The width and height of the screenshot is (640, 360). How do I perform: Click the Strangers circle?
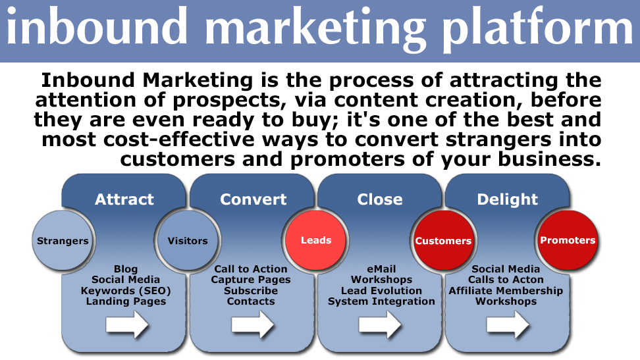63,240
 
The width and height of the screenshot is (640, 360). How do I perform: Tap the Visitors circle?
188,240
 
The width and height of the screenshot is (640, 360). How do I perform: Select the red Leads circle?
316,240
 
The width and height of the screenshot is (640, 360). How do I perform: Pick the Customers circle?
443,240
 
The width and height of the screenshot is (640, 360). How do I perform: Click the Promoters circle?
568,240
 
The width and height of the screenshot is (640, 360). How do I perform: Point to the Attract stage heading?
124,199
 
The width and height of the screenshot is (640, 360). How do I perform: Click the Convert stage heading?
253,199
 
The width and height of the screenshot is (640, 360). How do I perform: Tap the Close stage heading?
380,199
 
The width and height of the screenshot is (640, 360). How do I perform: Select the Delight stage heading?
508,199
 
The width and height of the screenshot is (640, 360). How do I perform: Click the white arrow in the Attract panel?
127,325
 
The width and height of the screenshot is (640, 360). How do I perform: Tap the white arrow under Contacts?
253,325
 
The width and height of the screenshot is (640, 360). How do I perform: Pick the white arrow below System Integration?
380,325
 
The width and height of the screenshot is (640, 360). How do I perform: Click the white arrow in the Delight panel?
508,325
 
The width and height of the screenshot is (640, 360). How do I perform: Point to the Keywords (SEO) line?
126,291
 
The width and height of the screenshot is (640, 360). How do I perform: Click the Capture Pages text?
251,280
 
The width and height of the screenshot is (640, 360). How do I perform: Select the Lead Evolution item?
382,291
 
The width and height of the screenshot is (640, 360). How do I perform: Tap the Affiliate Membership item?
506,291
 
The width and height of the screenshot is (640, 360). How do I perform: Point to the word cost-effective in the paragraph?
178,140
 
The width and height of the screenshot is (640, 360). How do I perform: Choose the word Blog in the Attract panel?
126,269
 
